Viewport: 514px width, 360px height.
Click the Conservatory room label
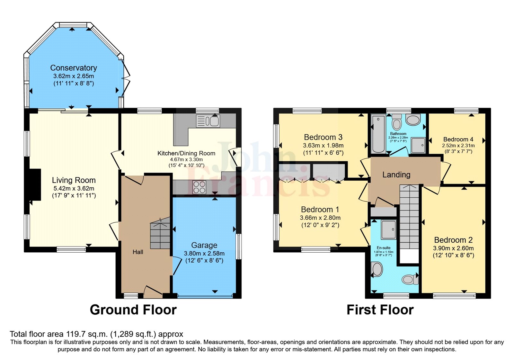(x=74, y=68)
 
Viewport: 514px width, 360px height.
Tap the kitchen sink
(x=208, y=121)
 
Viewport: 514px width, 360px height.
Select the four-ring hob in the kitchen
(x=199, y=187)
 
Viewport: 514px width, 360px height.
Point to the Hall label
(x=138, y=252)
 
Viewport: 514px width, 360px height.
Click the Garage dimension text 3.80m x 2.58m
(x=204, y=254)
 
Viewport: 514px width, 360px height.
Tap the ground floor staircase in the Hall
(x=160, y=233)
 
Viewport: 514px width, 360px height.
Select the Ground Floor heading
(x=133, y=310)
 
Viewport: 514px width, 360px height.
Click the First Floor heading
(x=380, y=310)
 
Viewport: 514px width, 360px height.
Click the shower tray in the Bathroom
(x=418, y=145)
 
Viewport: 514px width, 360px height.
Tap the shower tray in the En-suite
(x=389, y=230)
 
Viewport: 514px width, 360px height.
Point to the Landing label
(x=396, y=175)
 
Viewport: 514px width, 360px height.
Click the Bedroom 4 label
(x=458, y=139)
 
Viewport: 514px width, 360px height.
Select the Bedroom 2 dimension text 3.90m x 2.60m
(x=453, y=248)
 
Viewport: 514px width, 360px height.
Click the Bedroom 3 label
(x=323, y=137)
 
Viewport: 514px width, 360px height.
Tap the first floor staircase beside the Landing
(x=410, y=217)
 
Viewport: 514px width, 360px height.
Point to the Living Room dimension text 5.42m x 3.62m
(x=74, y=188)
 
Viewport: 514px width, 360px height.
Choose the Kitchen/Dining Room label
(x=186, y=153)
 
